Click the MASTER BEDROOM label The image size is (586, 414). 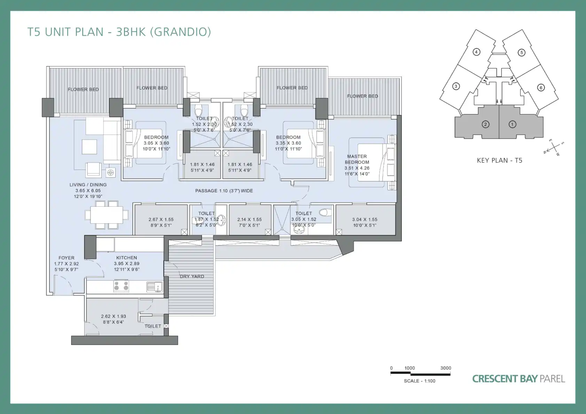(x=357, y=159)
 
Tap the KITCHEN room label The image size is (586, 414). (x=127, y=258)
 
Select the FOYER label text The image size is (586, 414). (x=67, y=258)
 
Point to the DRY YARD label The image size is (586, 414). (x=192, y=276)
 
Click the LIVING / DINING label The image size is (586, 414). (x=88, y=184)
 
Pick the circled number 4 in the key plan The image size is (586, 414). (x=476, y=52)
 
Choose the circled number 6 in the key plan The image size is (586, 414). (x=541, y=88)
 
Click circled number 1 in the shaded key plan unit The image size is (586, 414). (x=512, y=125)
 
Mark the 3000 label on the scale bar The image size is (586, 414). (x=446, y=368)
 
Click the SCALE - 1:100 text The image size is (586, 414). (x=420, y=381)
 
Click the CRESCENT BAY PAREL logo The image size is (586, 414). (x=518, y=379)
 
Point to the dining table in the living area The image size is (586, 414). (x=107, y=215)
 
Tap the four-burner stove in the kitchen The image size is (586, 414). (x=121, y=286)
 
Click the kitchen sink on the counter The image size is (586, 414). (x=154, y=287)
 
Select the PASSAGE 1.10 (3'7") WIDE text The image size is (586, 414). (x=224, y=191)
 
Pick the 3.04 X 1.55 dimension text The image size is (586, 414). (x=365, y=220)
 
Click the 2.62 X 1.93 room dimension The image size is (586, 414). (x=114, y=316)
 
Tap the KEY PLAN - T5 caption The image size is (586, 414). (x=499, y=160)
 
